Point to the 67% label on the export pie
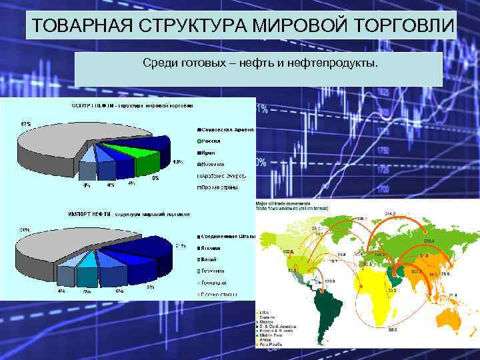(25, 124)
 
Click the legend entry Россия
(212, 141)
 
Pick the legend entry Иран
(209, 152)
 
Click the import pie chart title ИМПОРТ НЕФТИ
(90, 214)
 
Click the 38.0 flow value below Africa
(393, 329)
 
